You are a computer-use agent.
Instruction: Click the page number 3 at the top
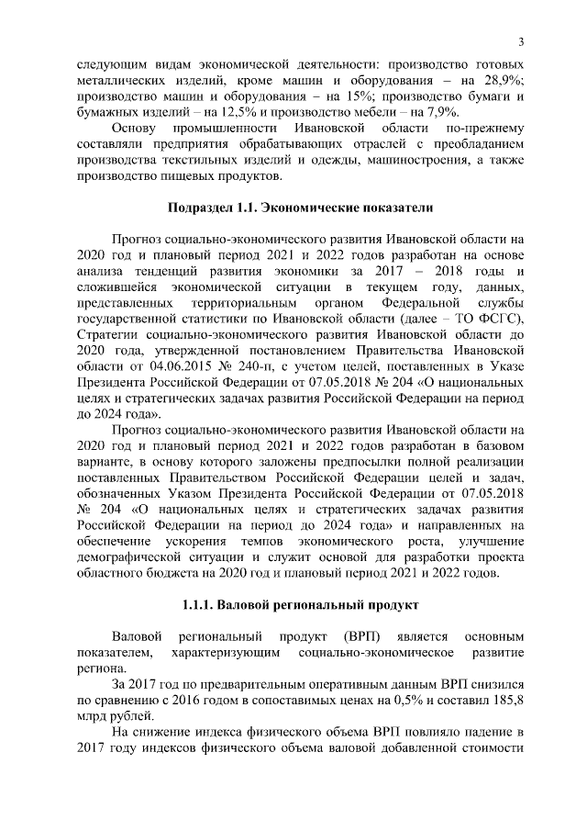521,42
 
